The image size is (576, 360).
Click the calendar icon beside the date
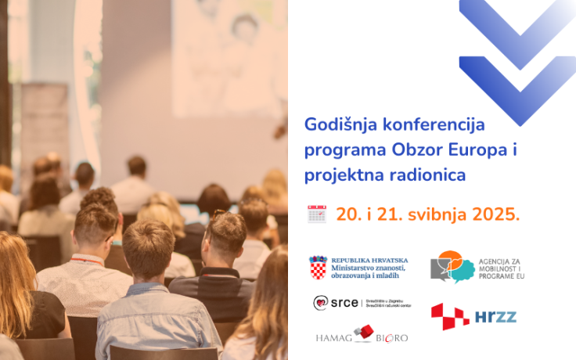click(x=317, y=214)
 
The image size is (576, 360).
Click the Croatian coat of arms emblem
click(x=318, y=268)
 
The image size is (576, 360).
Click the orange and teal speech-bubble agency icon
click(x=453, y=267)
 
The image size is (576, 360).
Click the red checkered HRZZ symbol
click(x=450, y=316)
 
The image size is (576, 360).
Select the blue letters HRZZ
click(x=495, y=316)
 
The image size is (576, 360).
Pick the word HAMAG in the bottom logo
click(x=333, y=337)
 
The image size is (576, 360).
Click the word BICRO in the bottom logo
click(x=391, y=337)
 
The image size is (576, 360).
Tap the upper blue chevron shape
click(x=518, y=23)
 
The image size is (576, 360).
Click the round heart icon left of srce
click(x=321, y=303)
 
